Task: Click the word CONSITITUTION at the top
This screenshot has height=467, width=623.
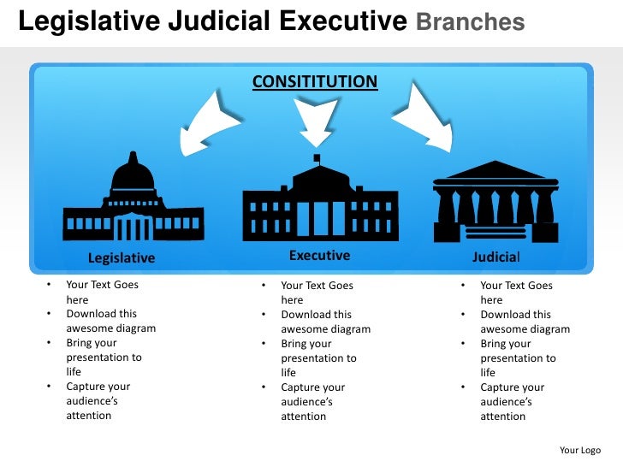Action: coord(314,82)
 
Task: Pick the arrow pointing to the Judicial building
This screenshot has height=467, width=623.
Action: coord(425,120)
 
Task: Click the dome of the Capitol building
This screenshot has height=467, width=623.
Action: coord(133,174)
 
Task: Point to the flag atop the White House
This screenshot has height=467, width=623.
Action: coord(317,158)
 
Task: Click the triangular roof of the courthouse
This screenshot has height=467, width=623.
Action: coord(495,170)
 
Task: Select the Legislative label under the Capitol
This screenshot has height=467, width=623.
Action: coord(122,257)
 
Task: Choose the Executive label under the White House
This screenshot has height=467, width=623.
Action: coord(319,255)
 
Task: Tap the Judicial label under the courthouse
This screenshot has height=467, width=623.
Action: coord(496,257)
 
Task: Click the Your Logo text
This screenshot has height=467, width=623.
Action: coord(580,450)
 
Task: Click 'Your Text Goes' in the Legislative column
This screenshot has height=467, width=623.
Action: coord(102,286)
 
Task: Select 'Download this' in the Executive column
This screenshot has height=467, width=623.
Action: coord(316,315)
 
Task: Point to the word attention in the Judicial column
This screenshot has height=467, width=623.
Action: coord(502,417)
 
